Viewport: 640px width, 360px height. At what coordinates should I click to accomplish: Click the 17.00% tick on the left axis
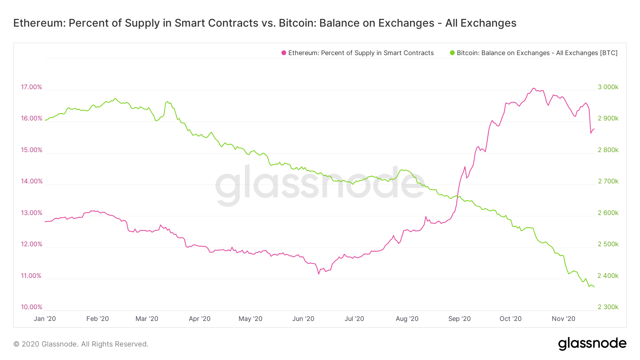pyautogui.click(x=31, y=87)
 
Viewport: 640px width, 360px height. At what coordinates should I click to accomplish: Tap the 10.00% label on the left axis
pyautogui.click(x=31, y=307)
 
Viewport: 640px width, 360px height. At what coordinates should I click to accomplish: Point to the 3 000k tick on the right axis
pyautogui.click(x=608, y=87)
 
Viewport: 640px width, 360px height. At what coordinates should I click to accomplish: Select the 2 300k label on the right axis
pyautogui.click(x=608, y=307)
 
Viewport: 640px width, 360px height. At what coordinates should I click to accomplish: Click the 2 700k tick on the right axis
pyautogui.click(x=608, y=181)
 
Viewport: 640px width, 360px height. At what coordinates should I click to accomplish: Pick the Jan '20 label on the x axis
pyautogui.click(x=45, y=319)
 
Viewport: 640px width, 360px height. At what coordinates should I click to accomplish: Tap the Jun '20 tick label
pyautogui.click(x=303, y=319)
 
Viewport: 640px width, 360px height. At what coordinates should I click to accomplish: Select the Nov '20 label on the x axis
pyautogui.click(x=564, y=319)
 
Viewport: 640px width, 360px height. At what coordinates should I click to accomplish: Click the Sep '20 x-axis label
pyautogui.click(x=459, y=319)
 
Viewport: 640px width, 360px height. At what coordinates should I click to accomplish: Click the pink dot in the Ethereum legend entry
pyautogui.click(x=284, y=53)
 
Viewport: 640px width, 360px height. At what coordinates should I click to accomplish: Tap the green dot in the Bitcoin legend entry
pyautogui.click(x=452, y=53)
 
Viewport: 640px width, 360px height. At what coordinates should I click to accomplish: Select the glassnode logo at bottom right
pyautogui.click(x=592, y=344)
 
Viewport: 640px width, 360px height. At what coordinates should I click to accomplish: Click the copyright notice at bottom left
pyautogui.click(x=81, y=344)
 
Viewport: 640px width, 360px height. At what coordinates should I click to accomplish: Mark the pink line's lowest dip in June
pyautogui.click(x=319, y=274)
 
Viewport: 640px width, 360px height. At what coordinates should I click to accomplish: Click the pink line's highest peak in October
pyautogui.click(x=533, y=88)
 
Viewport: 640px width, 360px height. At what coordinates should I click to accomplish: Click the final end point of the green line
pyautogui.click(x=594, y=287)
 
